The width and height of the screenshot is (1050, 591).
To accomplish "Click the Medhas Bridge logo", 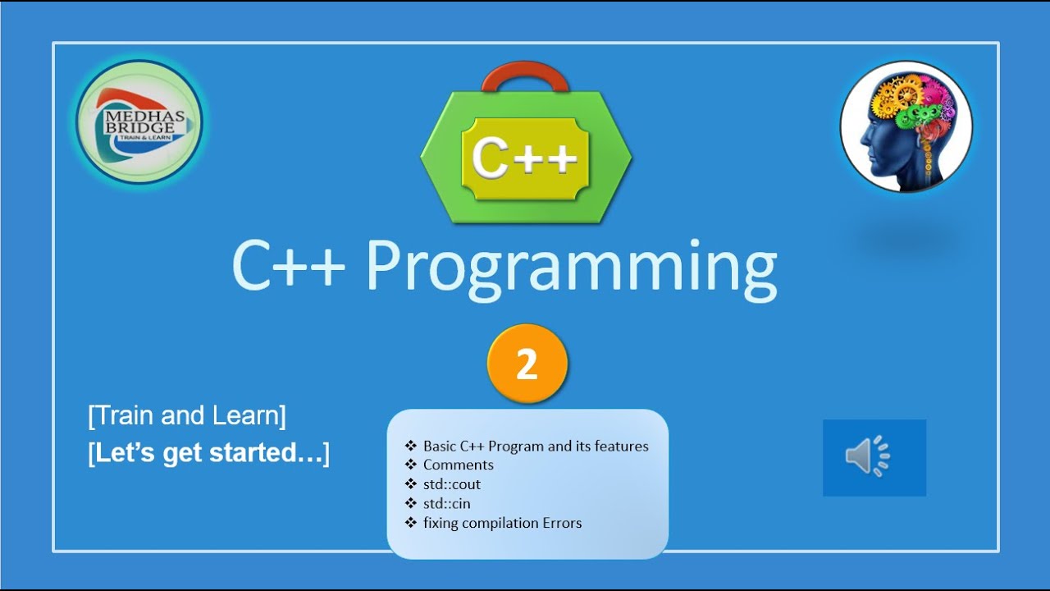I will click(x=139, y=122).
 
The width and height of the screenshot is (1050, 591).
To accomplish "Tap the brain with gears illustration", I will click(x=906, y=126).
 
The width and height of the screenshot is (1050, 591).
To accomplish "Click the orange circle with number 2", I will click(x=527, y=364).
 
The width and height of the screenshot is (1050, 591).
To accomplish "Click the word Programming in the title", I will click(x=571, y=267).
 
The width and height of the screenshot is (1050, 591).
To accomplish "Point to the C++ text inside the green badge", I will click(x=525, y=158).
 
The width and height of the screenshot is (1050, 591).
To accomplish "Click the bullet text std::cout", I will click(x=452, y=484).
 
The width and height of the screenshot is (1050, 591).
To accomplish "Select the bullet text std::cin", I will click(x=447, y=503).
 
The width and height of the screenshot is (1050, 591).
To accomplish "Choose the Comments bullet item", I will click(x=459, y=465).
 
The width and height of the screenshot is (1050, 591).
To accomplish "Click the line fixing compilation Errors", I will click(x=502, y=523).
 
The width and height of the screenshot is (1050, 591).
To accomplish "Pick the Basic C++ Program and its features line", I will click(x=536, y=446).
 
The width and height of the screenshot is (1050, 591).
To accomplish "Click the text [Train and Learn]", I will click(x=187, y=416).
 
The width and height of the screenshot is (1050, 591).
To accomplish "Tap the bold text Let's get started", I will click(x=208, y=453).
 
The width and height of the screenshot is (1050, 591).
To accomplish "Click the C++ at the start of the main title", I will click(x=288, y=267).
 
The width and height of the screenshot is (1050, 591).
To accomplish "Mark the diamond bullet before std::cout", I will click(x=411, y=484).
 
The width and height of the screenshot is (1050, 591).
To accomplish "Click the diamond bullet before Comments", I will click(x=411, y=465).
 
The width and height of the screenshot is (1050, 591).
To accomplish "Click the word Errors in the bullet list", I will click(x=562, y=523).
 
